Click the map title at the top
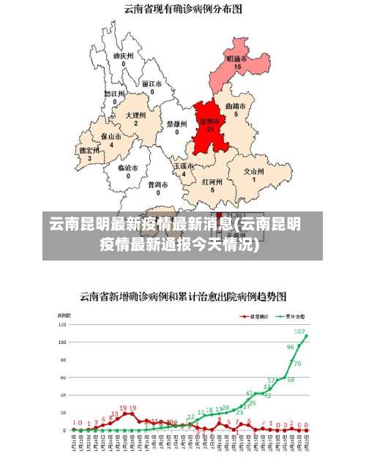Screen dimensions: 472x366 click(x=183, y=10)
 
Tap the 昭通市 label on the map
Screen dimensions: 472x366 click(x=236, y=59)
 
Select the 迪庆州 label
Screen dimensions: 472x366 click(x=123, y=55)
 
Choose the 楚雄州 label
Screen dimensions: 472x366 click(x=177, y=124)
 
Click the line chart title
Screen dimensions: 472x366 click(x=183, y=296)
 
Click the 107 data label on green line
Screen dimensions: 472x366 click(x=299, y=331)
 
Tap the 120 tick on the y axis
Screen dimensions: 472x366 click(x=63, y=323)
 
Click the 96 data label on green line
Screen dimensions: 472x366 click(x=291, y=347)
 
